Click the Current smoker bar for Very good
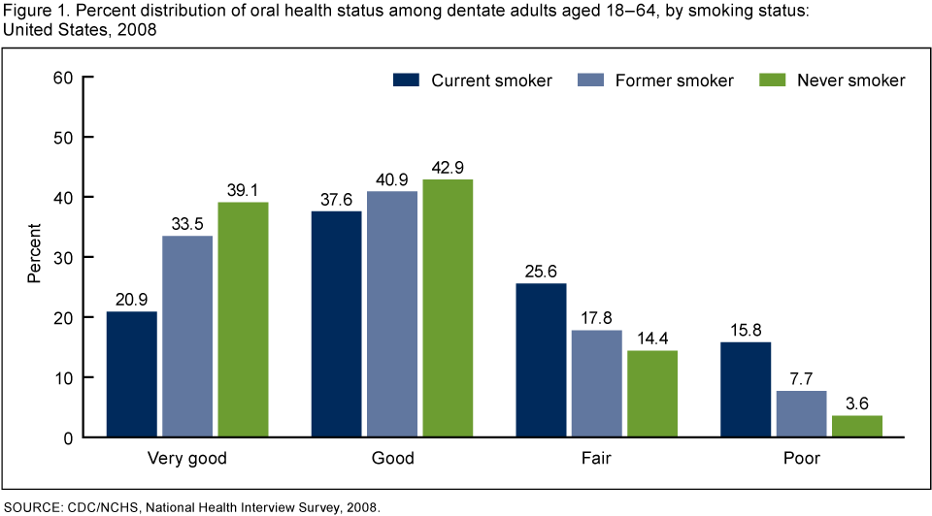(x=131, y=374)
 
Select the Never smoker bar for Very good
(x=243, y=320)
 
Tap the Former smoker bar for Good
(x=392, y=314)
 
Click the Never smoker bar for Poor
(x=857, y=427)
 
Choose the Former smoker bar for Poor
(x=801, y=414)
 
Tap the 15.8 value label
(x=746, y=331)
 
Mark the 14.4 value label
(x=652, y=339)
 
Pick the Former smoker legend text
(x=674, y=81)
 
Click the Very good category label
(x=187, y=458)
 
